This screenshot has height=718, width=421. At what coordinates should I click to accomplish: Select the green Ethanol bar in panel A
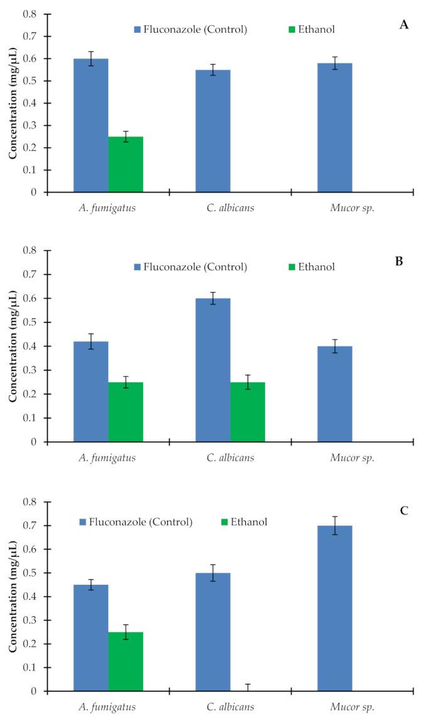(126, 165)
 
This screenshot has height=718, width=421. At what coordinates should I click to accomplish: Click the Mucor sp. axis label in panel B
(352, 458)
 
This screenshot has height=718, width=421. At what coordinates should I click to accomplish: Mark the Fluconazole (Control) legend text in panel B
(195, 267)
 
